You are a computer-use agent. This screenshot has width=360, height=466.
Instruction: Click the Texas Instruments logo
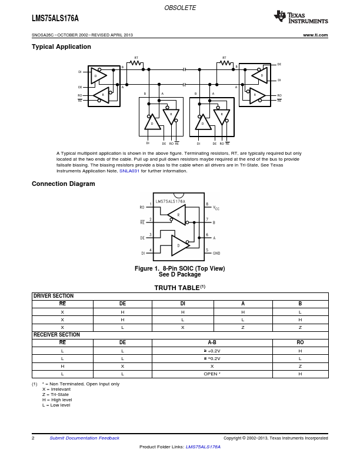(x=301, y=17)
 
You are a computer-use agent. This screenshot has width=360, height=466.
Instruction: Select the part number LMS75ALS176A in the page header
(x=55, y=19)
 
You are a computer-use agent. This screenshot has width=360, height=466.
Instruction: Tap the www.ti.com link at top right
(x=315, y=35)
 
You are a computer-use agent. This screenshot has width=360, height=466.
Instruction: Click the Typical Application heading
(x=61, y=47)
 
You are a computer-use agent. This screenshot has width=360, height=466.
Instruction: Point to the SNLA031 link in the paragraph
(x=129, y=171)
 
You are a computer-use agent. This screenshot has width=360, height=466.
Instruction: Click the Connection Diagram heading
(x=63, y=184)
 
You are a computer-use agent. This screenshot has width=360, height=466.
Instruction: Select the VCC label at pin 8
(x=216, y=208)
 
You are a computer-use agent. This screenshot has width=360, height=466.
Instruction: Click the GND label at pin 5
(x=216, y=253)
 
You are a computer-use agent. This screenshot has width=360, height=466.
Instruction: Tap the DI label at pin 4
(x=143, y=253)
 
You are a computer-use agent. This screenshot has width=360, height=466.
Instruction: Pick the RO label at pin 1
(x=142, y=208)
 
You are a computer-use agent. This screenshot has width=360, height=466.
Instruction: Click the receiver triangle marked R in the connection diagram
(x=177, y=215)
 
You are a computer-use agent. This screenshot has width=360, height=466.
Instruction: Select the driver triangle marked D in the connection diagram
(x=179, y=245)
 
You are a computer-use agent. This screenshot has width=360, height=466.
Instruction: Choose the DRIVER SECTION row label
(x=54, y=296)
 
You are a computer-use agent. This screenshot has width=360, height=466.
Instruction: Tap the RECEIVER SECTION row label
(x=56, y=335)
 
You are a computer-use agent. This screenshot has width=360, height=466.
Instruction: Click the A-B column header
(x=212, y=342)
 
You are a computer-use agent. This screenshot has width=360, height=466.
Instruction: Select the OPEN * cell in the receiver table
(x=212, y=374)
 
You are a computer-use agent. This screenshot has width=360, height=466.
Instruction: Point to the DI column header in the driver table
(x=182, y=304)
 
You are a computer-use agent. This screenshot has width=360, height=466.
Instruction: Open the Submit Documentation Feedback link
(x=84, y=438)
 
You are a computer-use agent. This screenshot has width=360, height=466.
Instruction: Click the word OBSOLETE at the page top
(x=180, y=8)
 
